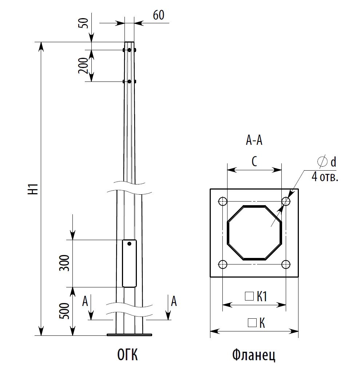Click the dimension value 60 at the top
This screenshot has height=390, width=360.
(x=159, y=15)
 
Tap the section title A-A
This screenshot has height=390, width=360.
(x=254, y=140)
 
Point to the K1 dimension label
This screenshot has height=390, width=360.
(x=262, y=297)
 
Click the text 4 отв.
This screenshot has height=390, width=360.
(x=325, y=177)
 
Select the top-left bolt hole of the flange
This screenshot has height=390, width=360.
(x=223, y=201)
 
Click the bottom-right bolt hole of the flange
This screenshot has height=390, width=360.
(x=286, y=264)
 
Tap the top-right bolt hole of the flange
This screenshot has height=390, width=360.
(x=286, y=201)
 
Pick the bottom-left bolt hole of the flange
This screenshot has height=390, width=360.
(x=223, y=264)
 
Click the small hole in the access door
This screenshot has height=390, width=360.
(x=129, y=244)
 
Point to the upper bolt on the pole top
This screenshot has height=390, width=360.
(x=129, y=50)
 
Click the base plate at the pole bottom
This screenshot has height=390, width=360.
(x=129, y=334)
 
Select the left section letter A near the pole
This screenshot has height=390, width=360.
(x=85, y=301)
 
